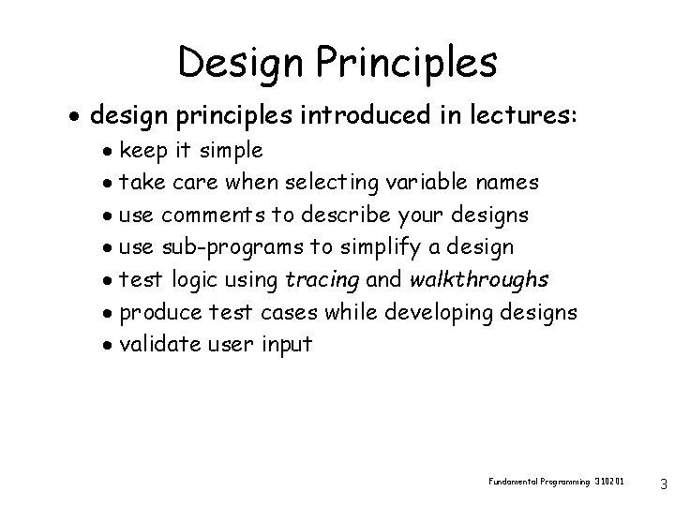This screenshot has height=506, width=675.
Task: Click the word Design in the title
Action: click(243, 62)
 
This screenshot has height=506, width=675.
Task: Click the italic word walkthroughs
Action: click(479, 280)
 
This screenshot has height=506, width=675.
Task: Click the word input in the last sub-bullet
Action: click(286, 346)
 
